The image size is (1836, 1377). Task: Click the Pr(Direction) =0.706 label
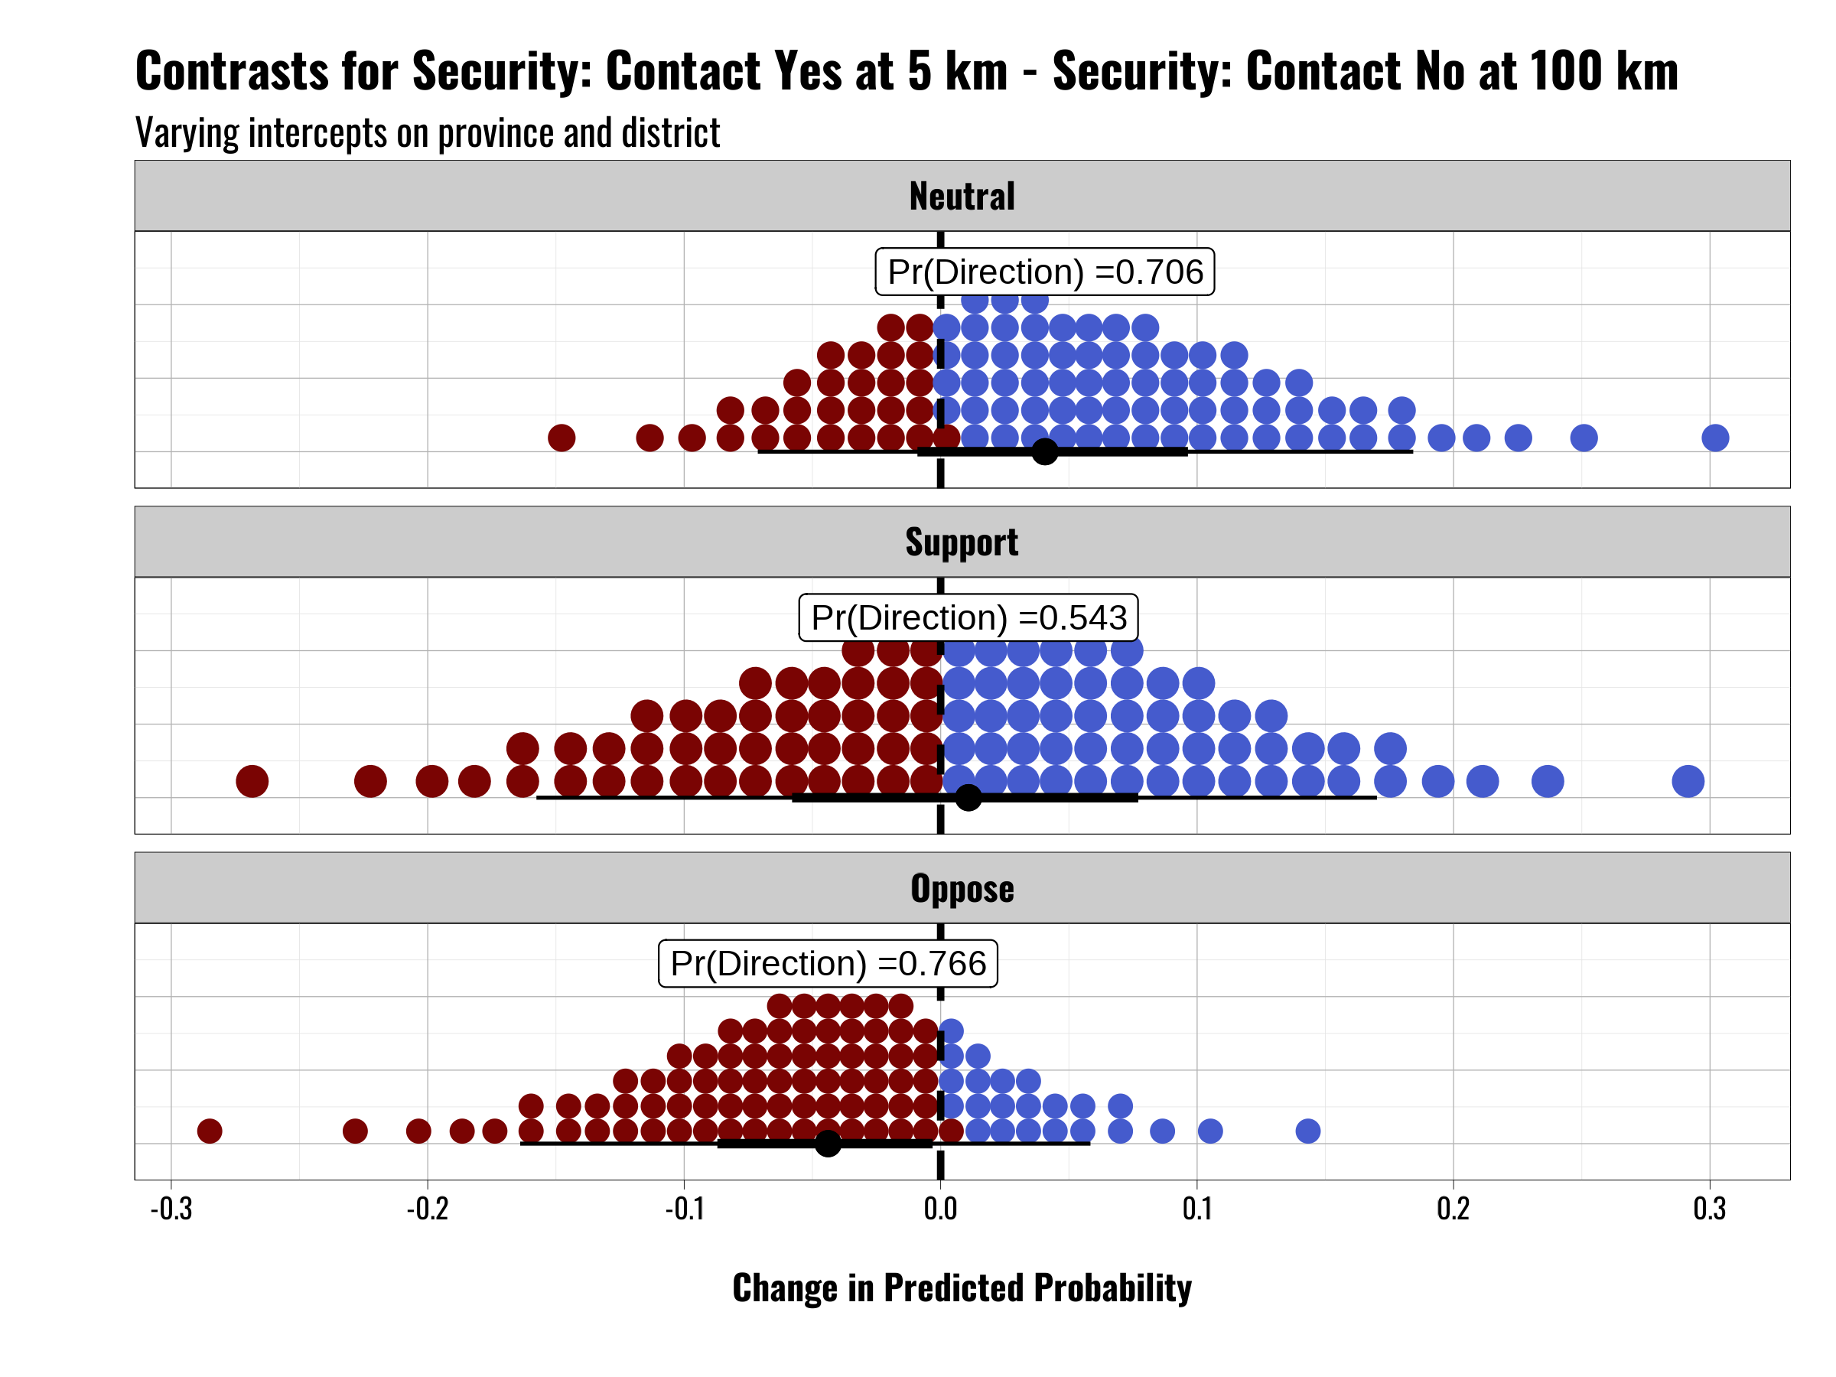(1044, 272)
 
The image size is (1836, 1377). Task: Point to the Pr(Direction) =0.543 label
(968, 617)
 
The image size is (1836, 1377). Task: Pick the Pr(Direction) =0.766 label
(828, 964)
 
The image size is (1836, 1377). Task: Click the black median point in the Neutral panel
(1045, 451)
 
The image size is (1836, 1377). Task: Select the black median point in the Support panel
(968, 798)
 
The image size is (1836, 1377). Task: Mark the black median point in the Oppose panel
(828, 1143)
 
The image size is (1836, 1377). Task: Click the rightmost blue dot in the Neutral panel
(1715, 438)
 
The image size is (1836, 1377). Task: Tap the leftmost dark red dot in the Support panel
(252, 781)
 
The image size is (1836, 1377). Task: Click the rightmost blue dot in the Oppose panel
(1308, 1131)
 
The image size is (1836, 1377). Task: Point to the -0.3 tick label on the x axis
(171, 1209)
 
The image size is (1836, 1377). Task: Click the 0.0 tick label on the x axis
(940, 1209)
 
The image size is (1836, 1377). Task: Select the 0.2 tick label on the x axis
(1453, 1209)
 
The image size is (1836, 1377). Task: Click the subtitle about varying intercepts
(428, 133)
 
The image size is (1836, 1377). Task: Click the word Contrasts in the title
(233, 71)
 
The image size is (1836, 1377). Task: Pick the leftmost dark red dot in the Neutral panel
(562, 438)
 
